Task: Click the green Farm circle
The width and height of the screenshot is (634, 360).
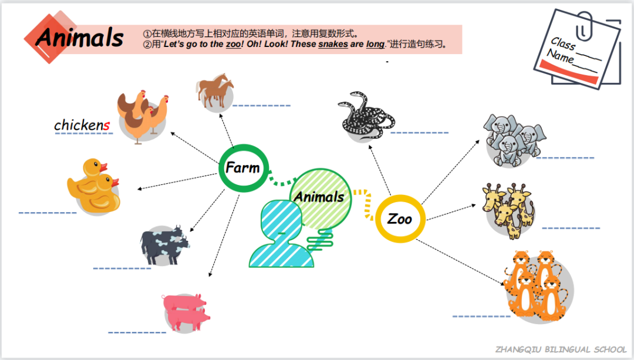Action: tap(243, 168)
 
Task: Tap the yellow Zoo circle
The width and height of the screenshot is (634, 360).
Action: tap(400, 219)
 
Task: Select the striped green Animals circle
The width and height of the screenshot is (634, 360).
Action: tap(320, 196)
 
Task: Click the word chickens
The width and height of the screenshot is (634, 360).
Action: tap(82, 125)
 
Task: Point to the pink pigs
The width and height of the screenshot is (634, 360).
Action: tap(187, 311)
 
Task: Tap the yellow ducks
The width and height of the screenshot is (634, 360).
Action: tap(94, 185)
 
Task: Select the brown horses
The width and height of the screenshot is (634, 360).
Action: tap(215, 91)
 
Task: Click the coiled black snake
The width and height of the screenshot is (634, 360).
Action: tap(364, 116)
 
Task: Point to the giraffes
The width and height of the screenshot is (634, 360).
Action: tap(508, 208)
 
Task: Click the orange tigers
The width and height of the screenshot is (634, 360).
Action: tap(535, 284)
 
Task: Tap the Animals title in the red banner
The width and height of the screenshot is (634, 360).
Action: tap(80, 38)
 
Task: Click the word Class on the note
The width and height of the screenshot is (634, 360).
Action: tap(563, 45)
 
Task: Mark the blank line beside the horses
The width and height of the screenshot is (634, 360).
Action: tap(261, 105)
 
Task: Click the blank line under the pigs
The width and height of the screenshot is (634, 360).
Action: tap(137, 332)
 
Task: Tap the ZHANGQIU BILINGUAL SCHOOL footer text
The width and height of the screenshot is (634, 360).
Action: tap(561, 349)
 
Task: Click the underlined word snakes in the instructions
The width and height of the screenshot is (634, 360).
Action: tap(333, 44)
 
